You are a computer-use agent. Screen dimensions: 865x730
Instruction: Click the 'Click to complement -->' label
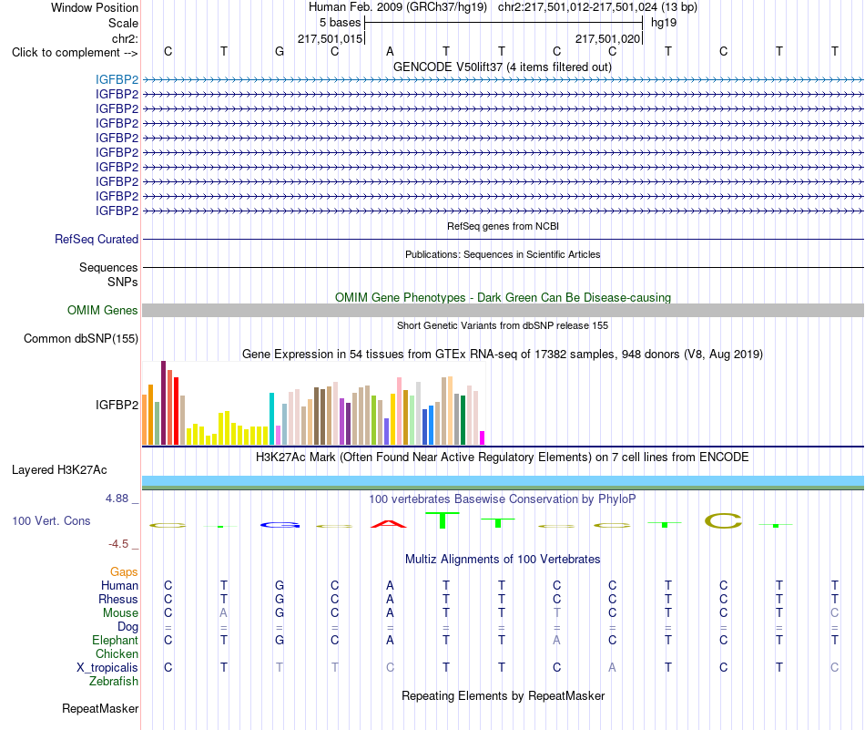75,53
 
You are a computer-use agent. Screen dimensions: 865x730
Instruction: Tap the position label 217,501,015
330,38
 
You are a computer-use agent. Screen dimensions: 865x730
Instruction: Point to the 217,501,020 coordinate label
608,38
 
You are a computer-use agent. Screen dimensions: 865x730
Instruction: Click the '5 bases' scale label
340,23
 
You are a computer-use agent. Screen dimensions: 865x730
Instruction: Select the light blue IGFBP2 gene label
117,79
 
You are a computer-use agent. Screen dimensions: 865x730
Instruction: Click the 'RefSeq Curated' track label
97,239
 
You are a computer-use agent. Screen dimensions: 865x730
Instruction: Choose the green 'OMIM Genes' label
103,311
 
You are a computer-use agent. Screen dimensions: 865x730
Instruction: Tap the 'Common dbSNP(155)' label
81,338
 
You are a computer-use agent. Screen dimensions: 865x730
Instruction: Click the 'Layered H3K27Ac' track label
59,470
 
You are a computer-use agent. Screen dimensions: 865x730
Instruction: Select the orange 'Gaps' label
124,571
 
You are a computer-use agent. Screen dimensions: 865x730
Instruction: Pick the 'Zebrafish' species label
114,681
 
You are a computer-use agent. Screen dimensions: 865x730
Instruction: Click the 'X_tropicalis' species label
107,667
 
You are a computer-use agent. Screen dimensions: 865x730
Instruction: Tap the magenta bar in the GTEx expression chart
483,437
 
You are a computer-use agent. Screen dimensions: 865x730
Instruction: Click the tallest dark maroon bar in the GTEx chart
163,403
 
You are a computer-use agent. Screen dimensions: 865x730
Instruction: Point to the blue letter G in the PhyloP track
280,525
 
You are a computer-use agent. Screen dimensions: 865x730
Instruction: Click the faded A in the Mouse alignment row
223,613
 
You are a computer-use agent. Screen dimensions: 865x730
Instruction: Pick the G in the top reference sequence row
280,51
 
